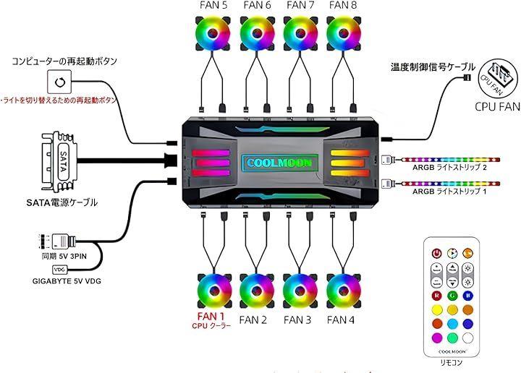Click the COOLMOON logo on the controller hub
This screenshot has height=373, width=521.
pyautogui.click(x=278, y=163)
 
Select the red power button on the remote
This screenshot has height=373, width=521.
pyautogui.click(x=436, y=253)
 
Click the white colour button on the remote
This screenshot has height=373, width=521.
pyautogui.click(x=468, y=338)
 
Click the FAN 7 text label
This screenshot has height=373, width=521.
pyautogui.click(x=300, y=6)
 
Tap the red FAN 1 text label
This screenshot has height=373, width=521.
pyautogui.click(x=212, y=316)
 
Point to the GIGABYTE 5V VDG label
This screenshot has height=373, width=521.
pyautogui.click(x=65, y=280)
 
